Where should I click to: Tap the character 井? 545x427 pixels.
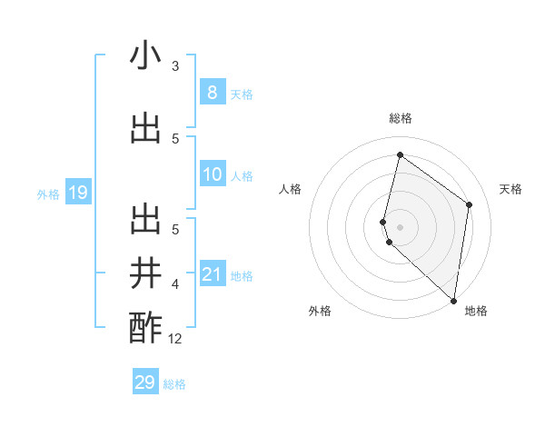tap(145, 273)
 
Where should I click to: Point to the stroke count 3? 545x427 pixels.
tap(175, 66)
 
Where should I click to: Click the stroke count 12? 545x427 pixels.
tap(175, 339)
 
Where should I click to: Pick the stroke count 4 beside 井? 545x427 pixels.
tap(175, 284)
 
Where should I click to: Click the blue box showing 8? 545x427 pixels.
tap(212, 92)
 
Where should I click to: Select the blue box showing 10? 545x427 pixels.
tap(212, 174)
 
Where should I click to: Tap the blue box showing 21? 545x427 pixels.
tap(212, 274)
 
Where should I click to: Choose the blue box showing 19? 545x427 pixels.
tap(77, 193)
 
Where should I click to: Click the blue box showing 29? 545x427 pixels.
tap(144, 382)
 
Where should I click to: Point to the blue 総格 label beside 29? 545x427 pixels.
tap(174, 384)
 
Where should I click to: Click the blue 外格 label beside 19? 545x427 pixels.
tap(48, 194)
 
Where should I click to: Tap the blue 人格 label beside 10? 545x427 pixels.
tap(242, 175)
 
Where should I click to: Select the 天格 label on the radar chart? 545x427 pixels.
tap(511, 189)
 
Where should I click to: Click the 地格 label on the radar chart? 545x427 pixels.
tap(476, 311)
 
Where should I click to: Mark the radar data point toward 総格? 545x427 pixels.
tap(400, 155)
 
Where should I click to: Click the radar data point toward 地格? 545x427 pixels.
tap(454, 301)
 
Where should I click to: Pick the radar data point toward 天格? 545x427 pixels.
tap(470, 204)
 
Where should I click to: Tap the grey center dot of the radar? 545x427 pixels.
tap(400, 226)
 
